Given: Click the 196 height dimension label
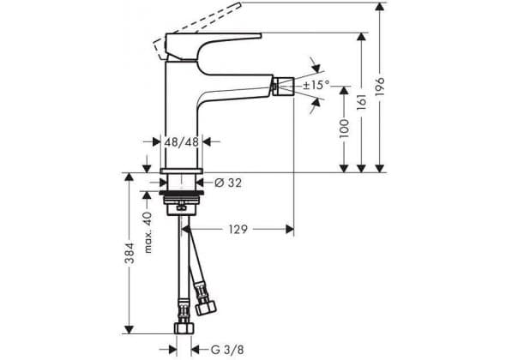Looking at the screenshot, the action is (380, 86).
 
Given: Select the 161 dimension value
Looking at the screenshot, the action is (362, 102).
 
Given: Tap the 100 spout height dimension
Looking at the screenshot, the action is (344, 129).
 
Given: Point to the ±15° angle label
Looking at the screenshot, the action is (316, 86).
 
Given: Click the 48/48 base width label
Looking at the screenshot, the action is (181, 142).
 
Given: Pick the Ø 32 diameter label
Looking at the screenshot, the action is (228, 183).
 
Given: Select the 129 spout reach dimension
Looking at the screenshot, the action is (238, 230).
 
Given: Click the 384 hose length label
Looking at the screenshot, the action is (130, 253).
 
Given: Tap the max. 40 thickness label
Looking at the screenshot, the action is (148, 232).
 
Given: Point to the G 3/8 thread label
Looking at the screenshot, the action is (227, 350).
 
